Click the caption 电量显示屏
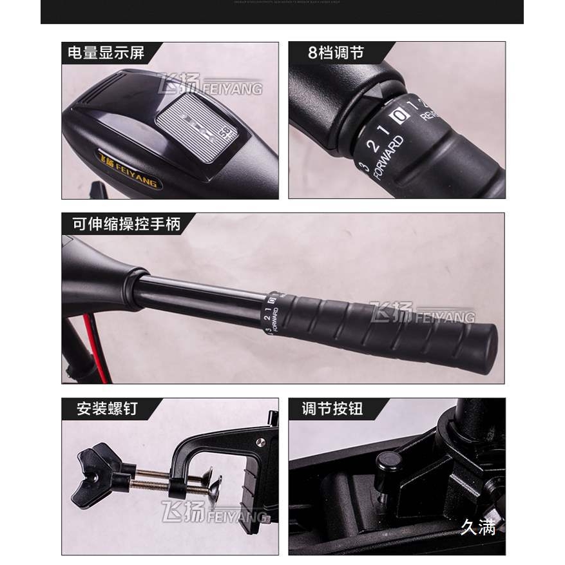[106, 53]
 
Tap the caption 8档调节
[336, 53]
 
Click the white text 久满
[478, 529]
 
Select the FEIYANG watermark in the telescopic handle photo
[423, 314]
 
